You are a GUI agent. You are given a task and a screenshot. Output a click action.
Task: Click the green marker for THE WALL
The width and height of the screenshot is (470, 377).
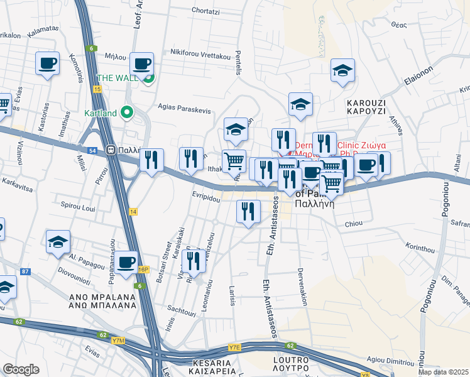[x=149, y=79]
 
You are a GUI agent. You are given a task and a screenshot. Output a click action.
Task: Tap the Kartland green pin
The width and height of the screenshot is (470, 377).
[x=127, y=113]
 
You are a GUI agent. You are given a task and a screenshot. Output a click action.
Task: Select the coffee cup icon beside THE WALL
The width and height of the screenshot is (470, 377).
[x=143, y=64]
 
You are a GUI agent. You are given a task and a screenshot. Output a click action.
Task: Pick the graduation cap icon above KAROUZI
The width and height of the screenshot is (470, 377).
[x=342, y=71]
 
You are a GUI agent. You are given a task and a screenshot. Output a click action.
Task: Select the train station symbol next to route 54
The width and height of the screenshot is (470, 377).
[x=111, y=151]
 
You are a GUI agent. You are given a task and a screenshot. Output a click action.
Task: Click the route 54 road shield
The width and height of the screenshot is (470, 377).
[x=92, y=151]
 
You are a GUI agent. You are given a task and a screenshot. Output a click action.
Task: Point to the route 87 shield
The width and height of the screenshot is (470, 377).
[x=25, y=271]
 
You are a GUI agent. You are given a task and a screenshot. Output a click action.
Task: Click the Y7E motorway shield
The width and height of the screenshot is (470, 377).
[x=235, y=347]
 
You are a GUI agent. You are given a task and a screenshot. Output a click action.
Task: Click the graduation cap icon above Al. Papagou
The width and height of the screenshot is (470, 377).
[x=58, y=242]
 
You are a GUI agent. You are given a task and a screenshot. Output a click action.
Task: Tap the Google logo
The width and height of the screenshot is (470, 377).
[x=21, y=369]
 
